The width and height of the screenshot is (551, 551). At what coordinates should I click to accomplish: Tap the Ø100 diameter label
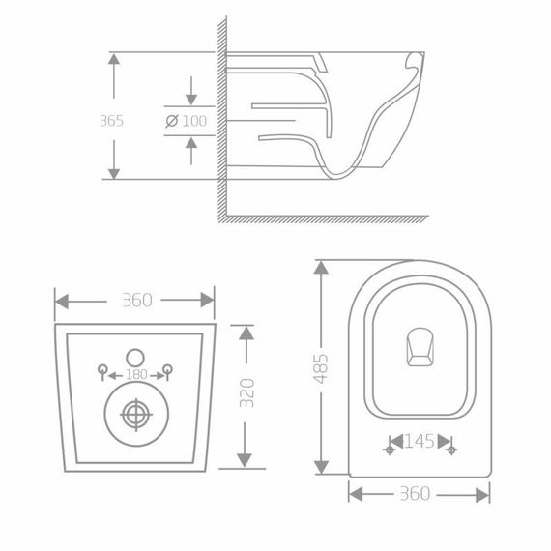click(x=188, y=121)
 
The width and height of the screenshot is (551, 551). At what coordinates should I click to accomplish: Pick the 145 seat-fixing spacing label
click(x=420, y=442)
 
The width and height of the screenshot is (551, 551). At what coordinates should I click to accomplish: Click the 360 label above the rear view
click(x=136, y=301)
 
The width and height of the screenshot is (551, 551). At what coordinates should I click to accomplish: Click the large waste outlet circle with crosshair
click(x=136, y=416)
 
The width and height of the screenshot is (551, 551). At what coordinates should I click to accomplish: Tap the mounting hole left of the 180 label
click(x=103, y=368)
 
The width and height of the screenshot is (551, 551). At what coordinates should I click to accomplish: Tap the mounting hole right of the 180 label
click(x=167, y=368)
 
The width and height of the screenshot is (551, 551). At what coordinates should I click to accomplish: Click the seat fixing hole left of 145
click(x=391, y=448)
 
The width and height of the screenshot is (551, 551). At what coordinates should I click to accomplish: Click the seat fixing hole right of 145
click(x=450, y=448)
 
